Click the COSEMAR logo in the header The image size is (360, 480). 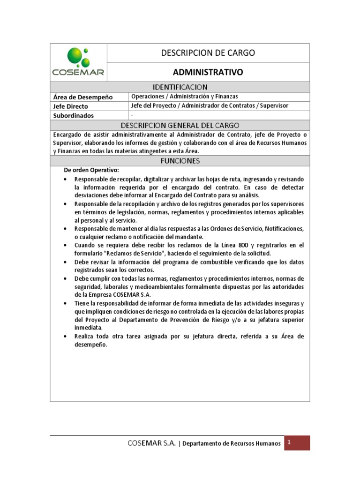pyautogui.click(x=78, y=62)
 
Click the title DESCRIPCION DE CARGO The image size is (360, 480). pyautogui.click(x=208, y=53)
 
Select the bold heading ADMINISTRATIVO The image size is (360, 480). pyautogui.click(x=208, y=72)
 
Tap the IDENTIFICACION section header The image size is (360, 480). pyautogui.click(x=180, y=87)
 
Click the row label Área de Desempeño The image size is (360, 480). pyautogui.click(x=83, y=97)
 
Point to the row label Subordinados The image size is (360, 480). pyautogui.click(x=74, y=115)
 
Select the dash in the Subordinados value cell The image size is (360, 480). pyautogui.click(x=132, y=115)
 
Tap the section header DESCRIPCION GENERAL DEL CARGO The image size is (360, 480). pyautogui.click(x=180, y=125)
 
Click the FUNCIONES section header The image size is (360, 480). pyautogui.click(x=180, y=161)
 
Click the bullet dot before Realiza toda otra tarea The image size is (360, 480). pyautogui.click(x=65, y=337)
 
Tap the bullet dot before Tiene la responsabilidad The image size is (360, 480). pyautogui.click(x=65, y=304)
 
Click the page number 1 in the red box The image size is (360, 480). pyautogui.click(x=290, y=442)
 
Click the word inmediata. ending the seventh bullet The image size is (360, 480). pyautogui.click(x=88, y=328)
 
